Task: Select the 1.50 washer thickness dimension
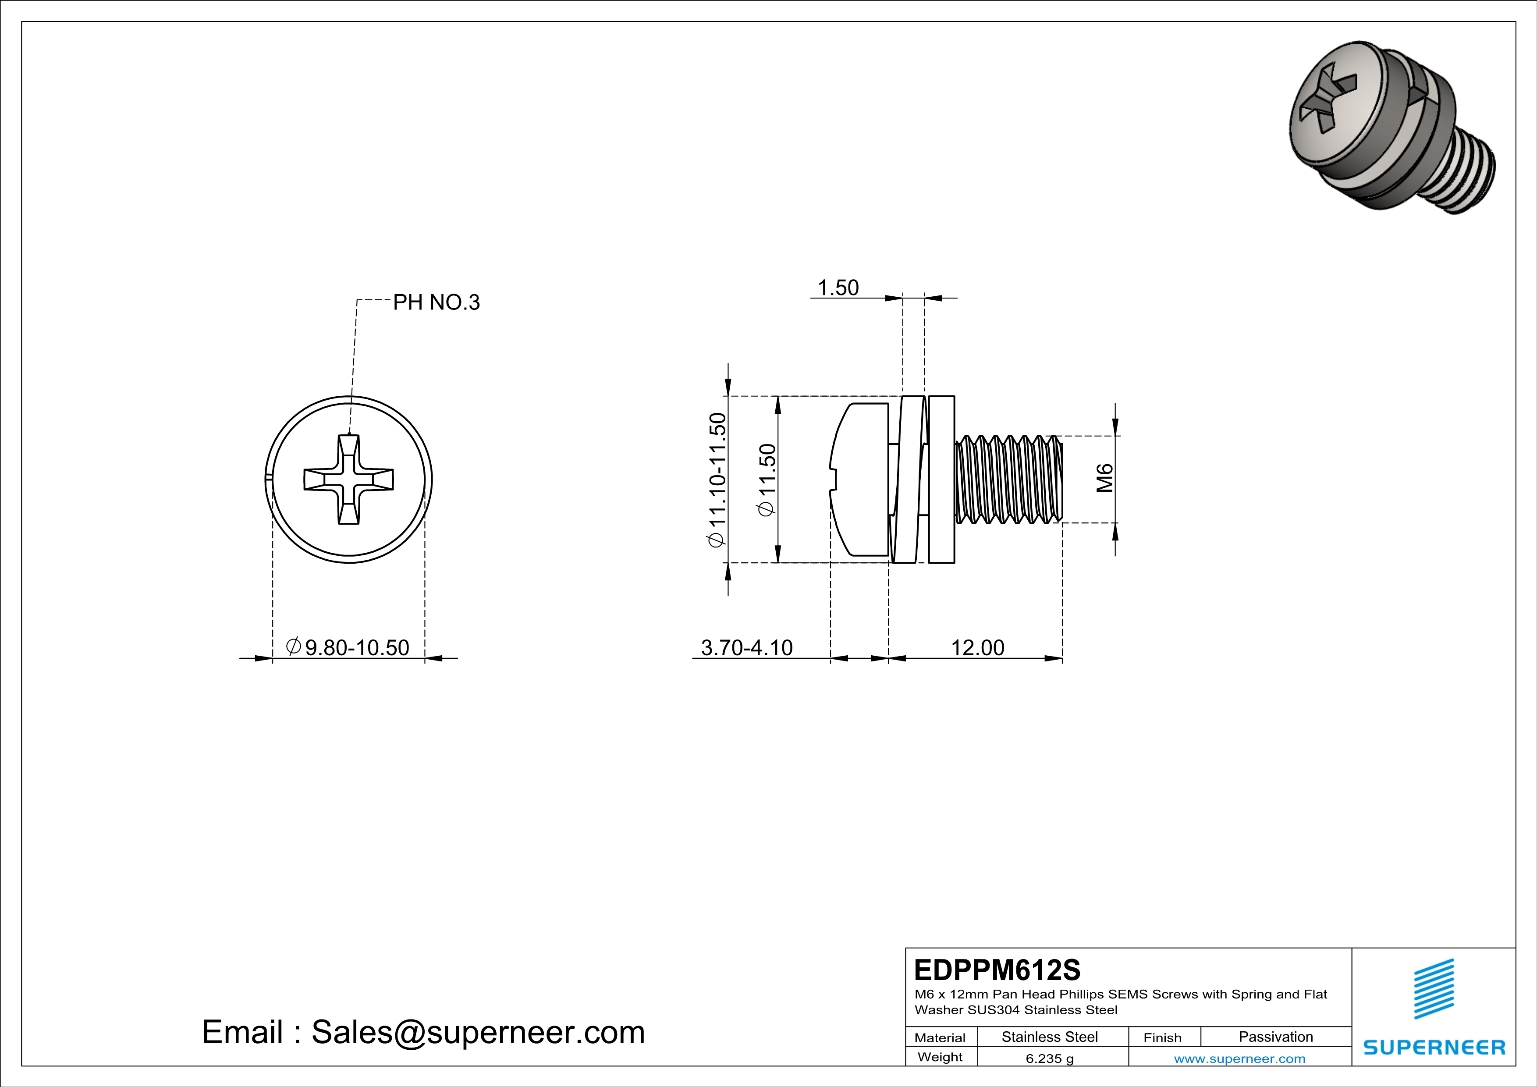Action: point(838,288)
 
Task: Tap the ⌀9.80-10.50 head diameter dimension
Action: point(348,647)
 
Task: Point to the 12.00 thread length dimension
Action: point(977,647)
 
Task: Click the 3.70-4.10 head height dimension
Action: point(746,647)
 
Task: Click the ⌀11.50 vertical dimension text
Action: point(767,480)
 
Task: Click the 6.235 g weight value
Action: point(1049,1058)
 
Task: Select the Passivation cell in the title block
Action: point(1275,1037)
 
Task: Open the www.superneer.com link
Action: point(1239,1058)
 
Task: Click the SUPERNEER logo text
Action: point(1434,1048)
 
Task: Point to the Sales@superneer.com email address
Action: point(477,1032)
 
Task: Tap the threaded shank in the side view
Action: point(1009,479)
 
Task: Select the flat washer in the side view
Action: point(942,479)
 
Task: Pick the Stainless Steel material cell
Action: point(1049,1037)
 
